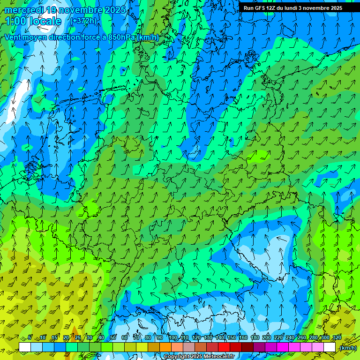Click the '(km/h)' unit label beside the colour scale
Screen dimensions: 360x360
347,348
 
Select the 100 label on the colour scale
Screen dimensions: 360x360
173,338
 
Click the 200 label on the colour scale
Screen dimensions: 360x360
267,338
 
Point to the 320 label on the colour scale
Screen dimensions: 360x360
337,338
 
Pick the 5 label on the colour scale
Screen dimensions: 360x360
30,338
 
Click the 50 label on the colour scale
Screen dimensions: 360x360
113,338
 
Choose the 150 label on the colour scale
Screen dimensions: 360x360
232,338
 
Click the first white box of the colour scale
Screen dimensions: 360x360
25,347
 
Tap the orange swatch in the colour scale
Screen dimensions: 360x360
165,347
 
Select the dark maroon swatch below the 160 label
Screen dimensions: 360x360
247,347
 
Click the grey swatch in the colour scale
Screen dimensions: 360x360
189,347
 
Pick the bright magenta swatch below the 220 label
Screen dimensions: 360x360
283,347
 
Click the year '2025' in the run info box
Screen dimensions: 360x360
335,8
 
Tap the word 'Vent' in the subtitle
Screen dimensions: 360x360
13,37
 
